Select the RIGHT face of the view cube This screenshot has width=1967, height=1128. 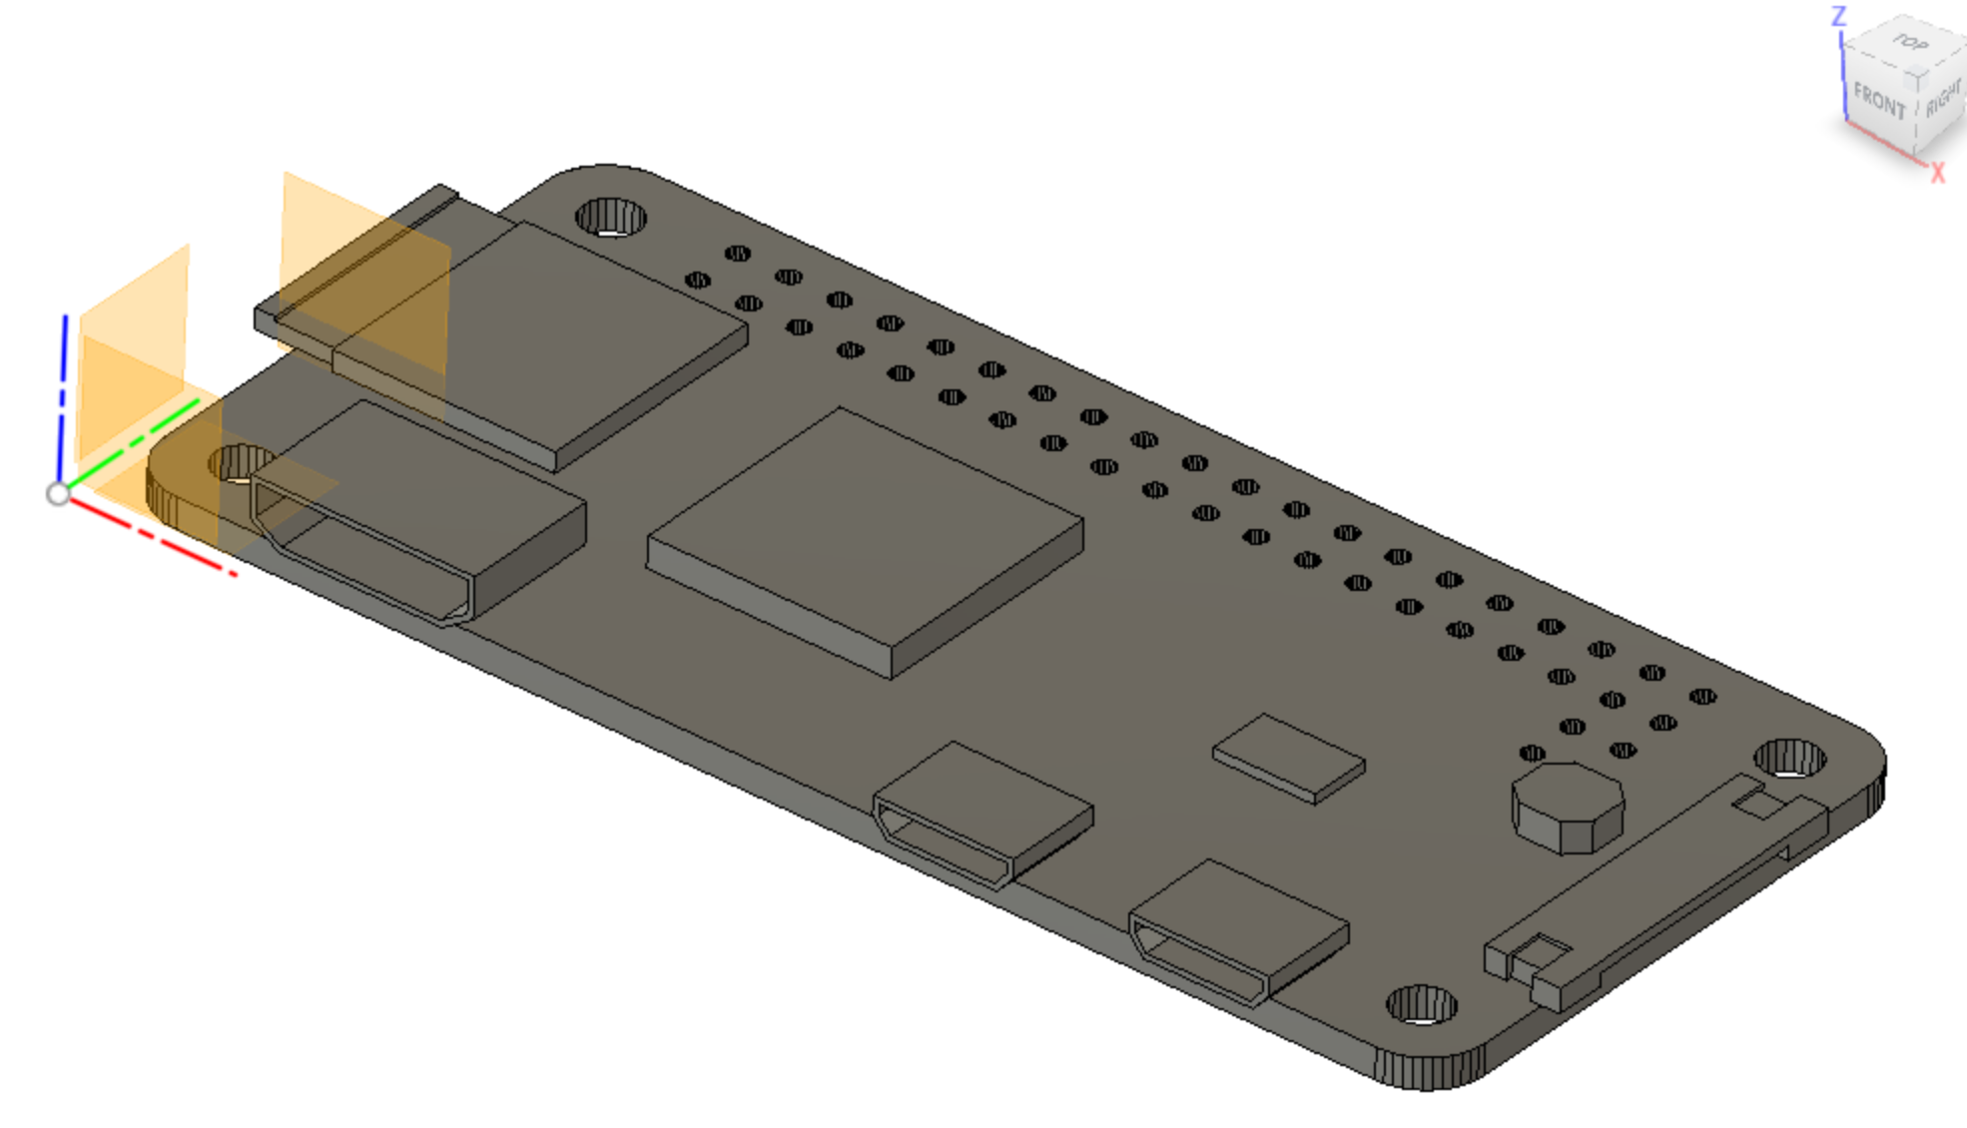[1943, 100]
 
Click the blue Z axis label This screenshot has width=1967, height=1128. [1839, 17]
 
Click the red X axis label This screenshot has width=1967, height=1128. [1938, 174]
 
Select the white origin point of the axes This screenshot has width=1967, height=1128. [58, 493]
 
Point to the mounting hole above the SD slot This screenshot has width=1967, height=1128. [611, 217]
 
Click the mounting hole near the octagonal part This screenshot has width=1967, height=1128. [1789, 758]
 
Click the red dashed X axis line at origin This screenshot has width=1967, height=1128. [150, 535]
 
